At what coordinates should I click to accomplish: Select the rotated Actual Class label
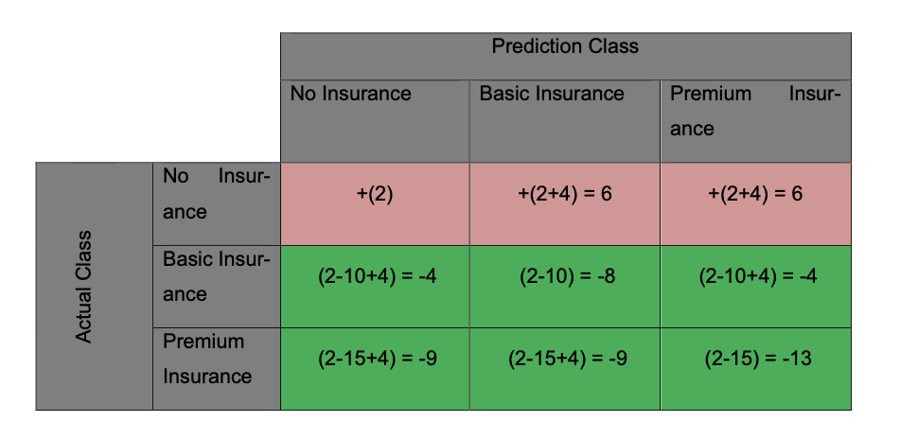click(84, 287)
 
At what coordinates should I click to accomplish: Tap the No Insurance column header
click(351, 94)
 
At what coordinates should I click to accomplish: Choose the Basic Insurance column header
click(552, 94)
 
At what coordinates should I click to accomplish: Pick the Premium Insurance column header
click(755, 111)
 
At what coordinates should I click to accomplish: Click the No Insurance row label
click(217, 194)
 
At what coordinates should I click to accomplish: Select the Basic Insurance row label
click(217, 276)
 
